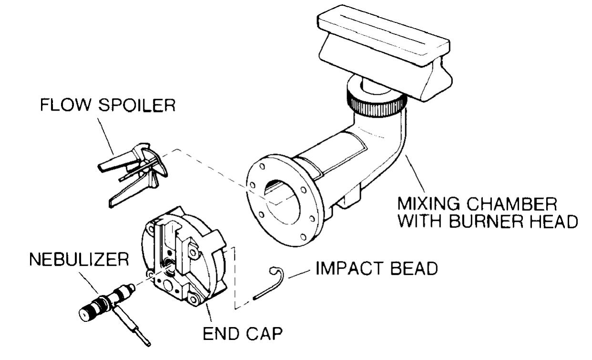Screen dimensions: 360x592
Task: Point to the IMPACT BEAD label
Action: click(376, 269)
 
